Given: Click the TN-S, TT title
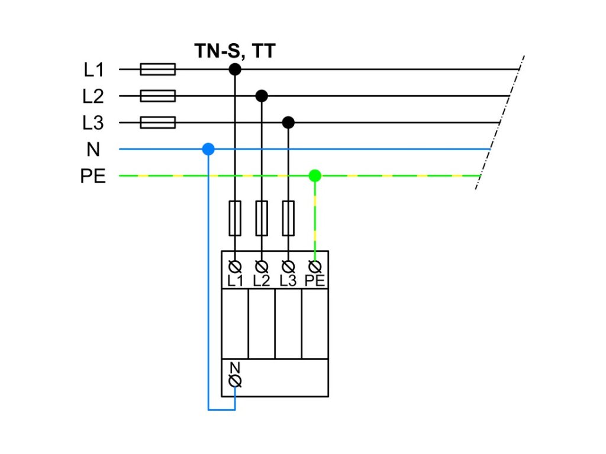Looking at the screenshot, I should point(235,51).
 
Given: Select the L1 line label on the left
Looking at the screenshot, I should point(94,70).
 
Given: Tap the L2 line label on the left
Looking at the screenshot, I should point(94,96).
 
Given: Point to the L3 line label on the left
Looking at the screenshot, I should point(94,123).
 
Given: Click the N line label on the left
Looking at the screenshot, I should point(94,150).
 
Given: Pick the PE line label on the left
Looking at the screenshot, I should point(93,176).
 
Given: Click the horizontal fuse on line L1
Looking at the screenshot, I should point(157,70).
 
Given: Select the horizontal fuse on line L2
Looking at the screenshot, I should point(157,96).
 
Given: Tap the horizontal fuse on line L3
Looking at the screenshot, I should point(157,122).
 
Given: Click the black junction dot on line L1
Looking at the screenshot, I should point(235,70).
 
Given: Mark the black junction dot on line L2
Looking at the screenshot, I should point(262,96).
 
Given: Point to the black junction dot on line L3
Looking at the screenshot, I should point(288,122).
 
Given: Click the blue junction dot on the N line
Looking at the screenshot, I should point(208,150).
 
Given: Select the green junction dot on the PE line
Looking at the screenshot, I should point(315,176).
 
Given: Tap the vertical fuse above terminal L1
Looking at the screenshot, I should point(235,218).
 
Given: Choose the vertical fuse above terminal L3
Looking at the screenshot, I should point(288,218).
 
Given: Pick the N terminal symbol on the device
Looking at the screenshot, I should point(235,381).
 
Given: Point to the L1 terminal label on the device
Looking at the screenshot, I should point(235,281).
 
